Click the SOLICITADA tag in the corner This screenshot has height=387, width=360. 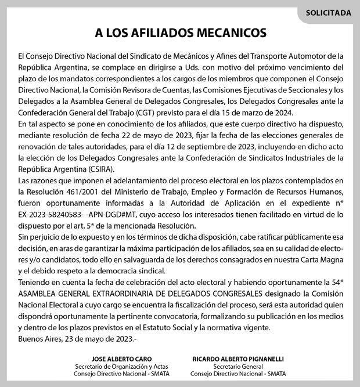[x=328, y=12]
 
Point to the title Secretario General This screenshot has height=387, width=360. [x=231, y=367]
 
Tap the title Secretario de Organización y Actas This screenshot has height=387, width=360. [x=113, y=367]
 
